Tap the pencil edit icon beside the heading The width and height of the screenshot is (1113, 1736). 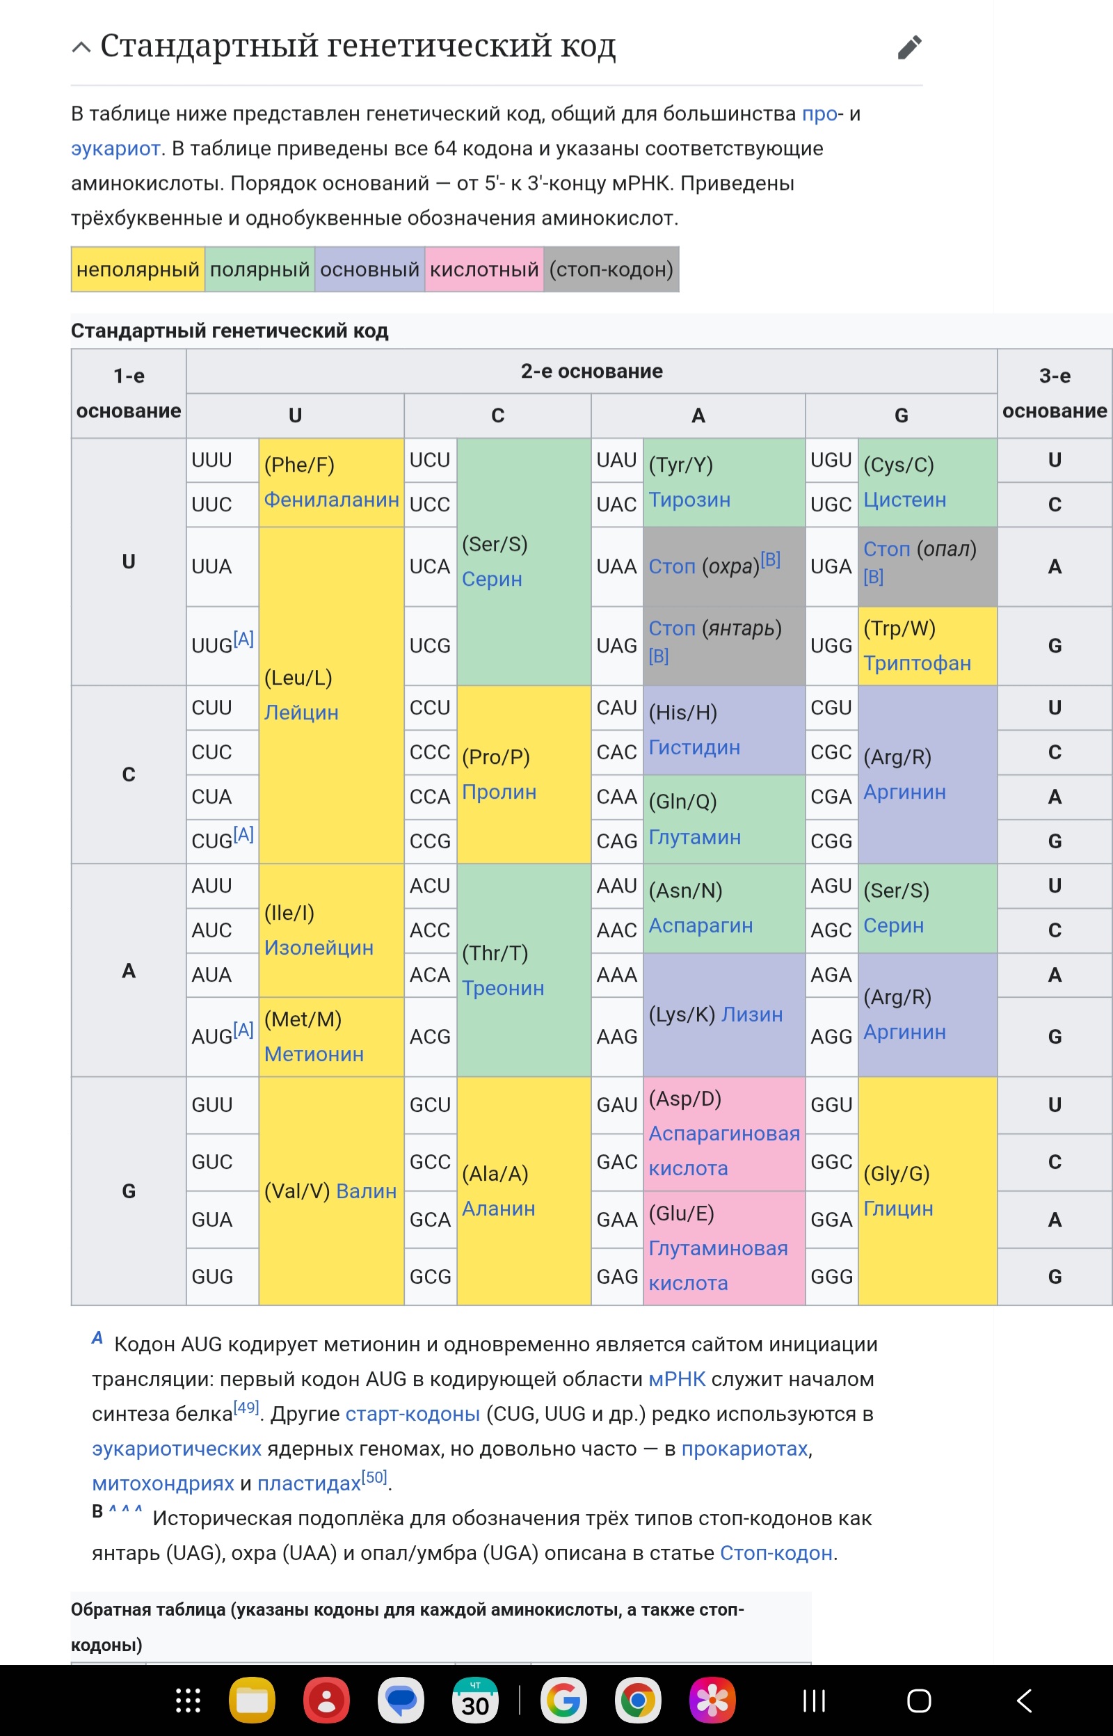(x=909, y=47)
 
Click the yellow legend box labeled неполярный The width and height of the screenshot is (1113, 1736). (x=137, y=269)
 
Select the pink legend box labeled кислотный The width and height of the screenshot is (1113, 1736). (x=484, y=269)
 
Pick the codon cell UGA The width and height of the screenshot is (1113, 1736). (x=832, y=566)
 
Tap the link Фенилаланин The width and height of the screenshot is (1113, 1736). (x=332, y=500)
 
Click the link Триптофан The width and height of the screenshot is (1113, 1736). (x=917, y=664)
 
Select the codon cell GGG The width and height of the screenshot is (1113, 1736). (x=832, y=1276)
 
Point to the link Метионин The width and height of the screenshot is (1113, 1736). (x=314, y=1053)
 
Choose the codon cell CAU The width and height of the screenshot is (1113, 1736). (x=617, y=708)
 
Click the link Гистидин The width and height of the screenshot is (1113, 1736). (x=694, y=747)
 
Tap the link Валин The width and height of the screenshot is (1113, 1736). (x=367, y=1191)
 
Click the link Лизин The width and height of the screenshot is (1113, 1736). (x=753, y=1014)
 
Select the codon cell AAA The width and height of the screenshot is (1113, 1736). (x=617, y=975)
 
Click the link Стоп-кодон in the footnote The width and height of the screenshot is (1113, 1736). (x=776, y=1553)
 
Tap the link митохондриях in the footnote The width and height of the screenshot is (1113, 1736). (x=163, y=1483)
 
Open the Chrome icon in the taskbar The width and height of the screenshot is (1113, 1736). (x=637, y=1701)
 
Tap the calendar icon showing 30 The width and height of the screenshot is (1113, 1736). (x=475, y=1701)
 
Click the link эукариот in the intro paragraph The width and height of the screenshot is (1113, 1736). (x=115, y=149)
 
